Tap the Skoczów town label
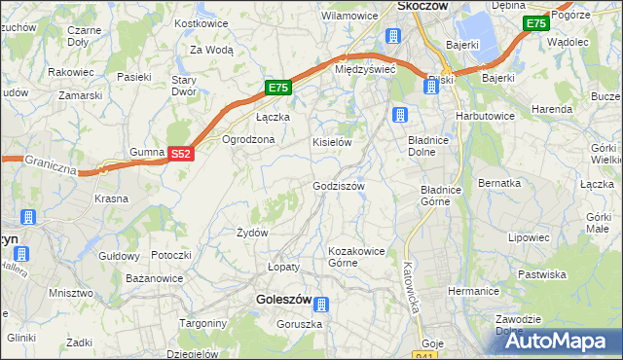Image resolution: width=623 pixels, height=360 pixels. tap(422, 6)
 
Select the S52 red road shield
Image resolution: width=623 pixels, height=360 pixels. tap(180, 154)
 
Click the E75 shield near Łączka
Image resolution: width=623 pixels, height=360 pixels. tap(278, 89)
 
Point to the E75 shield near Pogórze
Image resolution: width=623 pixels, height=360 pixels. tap(534, 23)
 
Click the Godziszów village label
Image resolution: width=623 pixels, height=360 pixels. tap(338, 186)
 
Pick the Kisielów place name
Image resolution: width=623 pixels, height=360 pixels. tap(331, 142)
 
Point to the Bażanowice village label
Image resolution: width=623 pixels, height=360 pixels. tap(156, 279)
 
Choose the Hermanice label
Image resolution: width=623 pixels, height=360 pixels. tap(473, 291)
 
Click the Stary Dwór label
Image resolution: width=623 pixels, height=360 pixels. tap(185, 86)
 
